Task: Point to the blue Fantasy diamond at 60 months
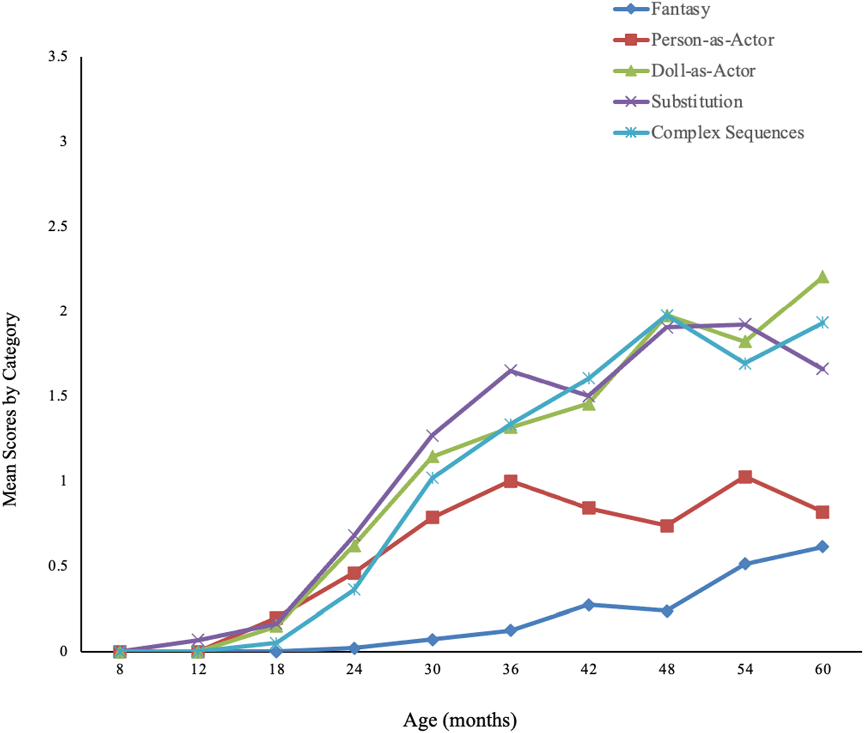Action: coord(822,547)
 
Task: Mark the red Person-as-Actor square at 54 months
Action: coord(745,477)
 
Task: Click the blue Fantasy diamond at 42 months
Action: coord(588,604)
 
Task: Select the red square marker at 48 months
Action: coord(667,526)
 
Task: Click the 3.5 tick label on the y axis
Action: coord(58,56)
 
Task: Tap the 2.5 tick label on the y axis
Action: coord(58,227)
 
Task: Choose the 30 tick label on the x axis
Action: coord(432,669)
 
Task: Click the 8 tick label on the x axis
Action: coord(120,669)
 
